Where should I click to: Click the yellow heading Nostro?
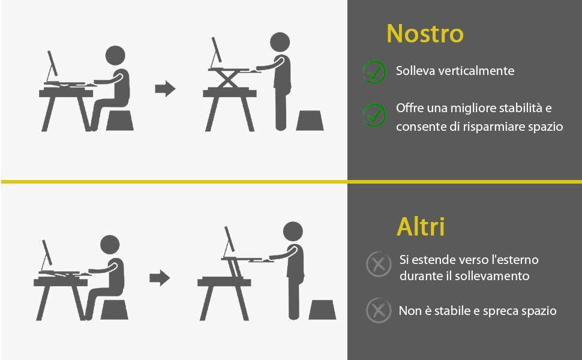[425, 34]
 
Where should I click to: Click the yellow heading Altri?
[421, 227]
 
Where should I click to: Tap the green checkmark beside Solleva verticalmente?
[374, 71]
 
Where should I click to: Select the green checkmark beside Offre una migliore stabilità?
[374, 115]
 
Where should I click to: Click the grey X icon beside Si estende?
[379, 264]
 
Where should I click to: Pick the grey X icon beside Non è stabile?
[378, 310]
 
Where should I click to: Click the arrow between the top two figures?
[165, 89]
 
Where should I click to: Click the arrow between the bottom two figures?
[159, 278]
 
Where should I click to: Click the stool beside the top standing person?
[310, 120]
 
